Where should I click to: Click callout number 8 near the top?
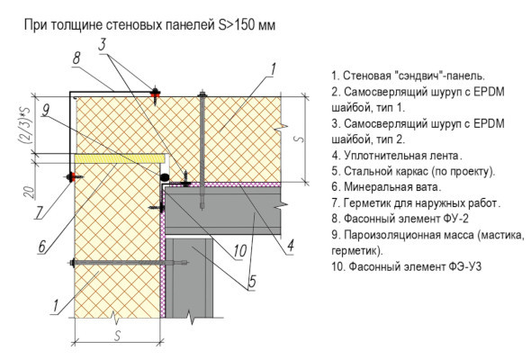click(x=76, y=58)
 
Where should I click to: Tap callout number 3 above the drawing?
click(x=103, y=45)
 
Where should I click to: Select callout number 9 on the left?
click(x=46, y=110)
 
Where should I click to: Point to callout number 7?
click(x=40, y=212)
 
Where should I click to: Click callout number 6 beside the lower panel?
click(x=42, y=246)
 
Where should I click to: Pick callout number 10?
click(x=240, y=251)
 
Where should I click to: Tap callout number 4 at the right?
click(x=290, y=247)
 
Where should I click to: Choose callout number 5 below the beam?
click(x=252, y=282)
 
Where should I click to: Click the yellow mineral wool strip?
click(x=120, y=158)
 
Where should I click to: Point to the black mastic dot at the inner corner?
click(x=165, y=176)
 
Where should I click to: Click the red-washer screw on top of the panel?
click(x=156, y=94)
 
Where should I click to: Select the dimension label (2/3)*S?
click(x=26, y=126)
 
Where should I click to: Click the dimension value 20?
click(x=30, y=192)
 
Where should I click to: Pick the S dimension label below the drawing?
click(x=118, y=336)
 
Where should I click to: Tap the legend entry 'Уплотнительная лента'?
click(x=397, y=156)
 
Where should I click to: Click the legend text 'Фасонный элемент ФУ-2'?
click(x=400, y=219)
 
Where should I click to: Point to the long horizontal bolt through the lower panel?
click(x=129, y=263)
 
